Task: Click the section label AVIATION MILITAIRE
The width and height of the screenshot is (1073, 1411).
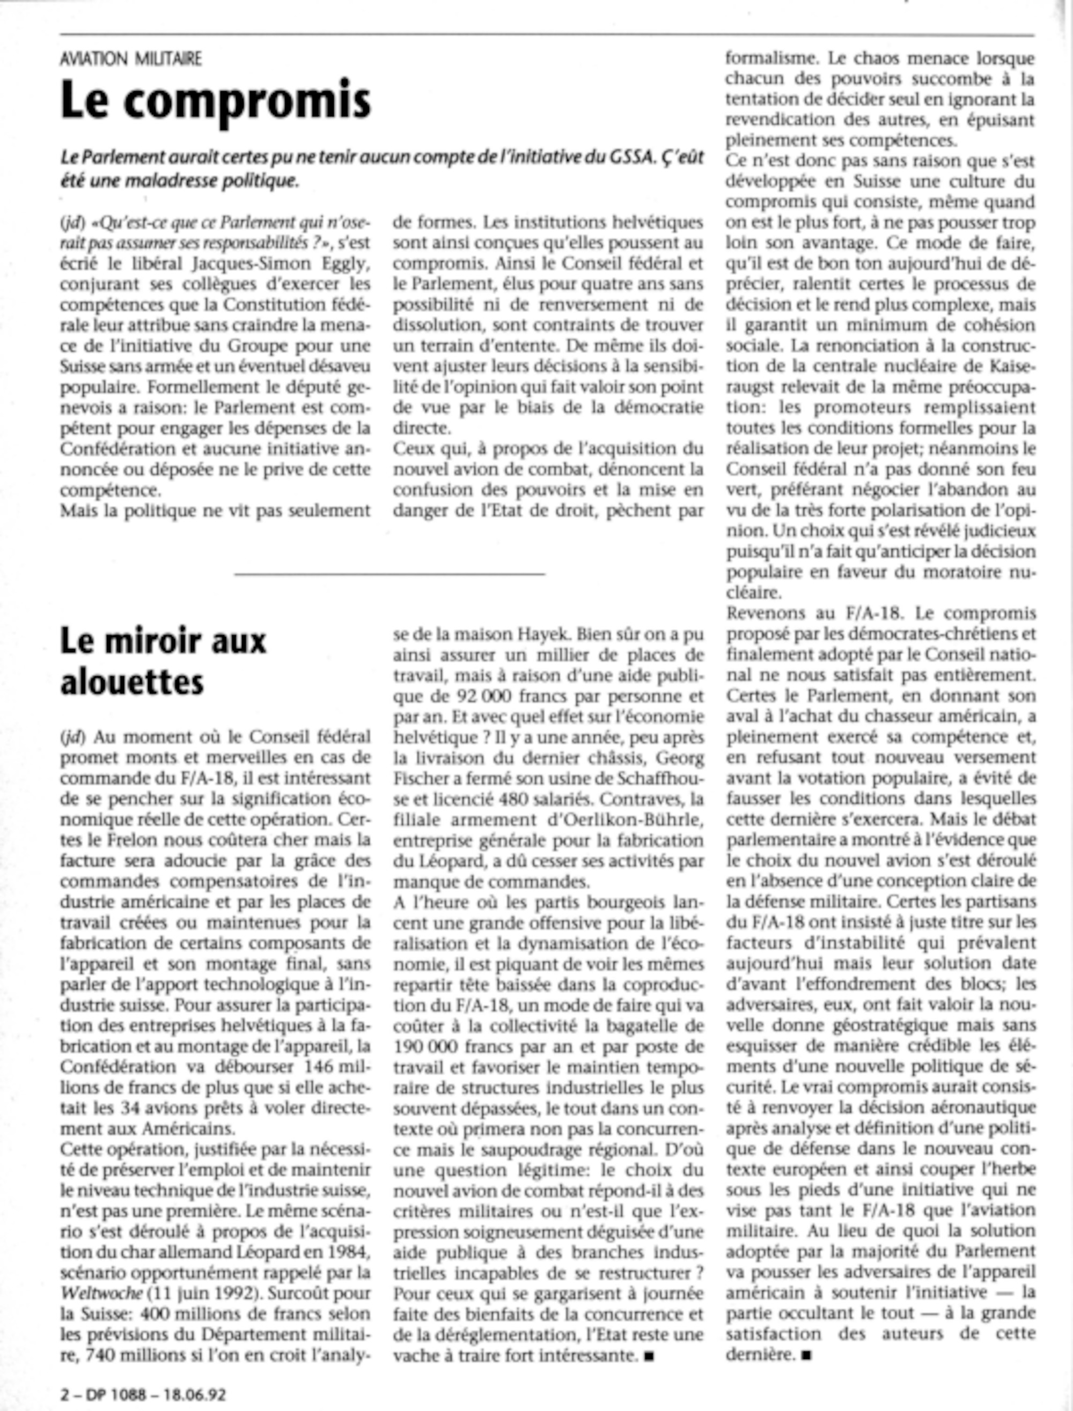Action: pos(131,60)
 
